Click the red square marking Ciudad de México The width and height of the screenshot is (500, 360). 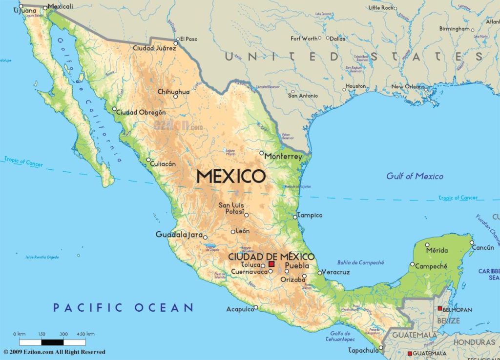(x=271, y=264)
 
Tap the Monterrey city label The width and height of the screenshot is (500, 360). (x=283, y=157)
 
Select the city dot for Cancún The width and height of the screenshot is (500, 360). (x=472, y=242)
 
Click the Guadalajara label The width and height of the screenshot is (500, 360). (x=179, y=235)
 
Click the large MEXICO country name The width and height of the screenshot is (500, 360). (x=231, y=176)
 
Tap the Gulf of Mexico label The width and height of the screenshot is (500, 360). (x=415, y=176)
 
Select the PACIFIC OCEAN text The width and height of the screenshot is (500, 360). (x=123, y=307)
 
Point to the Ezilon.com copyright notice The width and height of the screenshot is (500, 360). (x=54, y=352)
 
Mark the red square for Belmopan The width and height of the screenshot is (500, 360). (x=439, y=309)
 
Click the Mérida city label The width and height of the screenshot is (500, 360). (x=437, y=250)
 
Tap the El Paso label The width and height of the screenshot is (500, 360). (x=188, y=39)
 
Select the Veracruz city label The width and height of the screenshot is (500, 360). (x=336, y=272)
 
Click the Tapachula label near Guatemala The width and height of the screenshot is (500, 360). (x=363, y=350)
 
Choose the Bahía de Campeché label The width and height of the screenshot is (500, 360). (x=360, y=262)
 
